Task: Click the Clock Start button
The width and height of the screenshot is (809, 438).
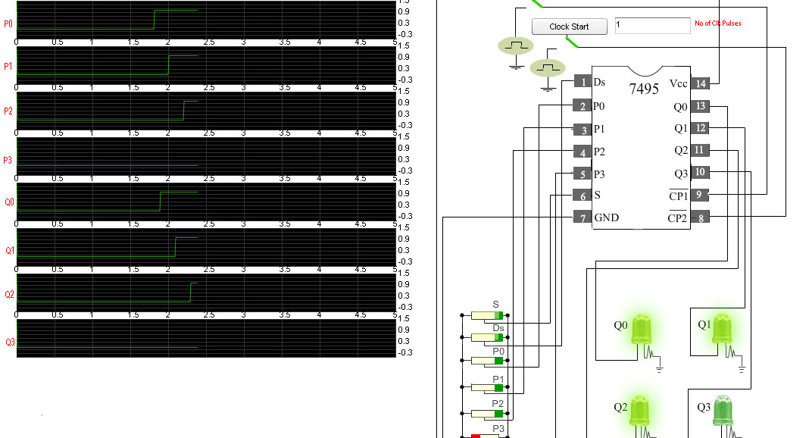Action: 569,27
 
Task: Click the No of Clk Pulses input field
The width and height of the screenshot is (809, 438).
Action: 651,26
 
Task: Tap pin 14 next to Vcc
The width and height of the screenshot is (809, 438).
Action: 701,83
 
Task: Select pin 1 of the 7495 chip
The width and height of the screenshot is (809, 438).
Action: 582,82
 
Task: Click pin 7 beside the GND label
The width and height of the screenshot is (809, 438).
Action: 582,218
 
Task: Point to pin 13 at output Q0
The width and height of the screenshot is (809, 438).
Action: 701,107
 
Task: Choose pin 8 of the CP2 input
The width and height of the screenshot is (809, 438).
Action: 701,218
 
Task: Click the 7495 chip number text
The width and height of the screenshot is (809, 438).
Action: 643,89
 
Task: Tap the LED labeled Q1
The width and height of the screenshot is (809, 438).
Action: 723,329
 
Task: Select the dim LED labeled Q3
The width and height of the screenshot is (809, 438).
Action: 723,411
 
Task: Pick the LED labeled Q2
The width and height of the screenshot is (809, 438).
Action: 640,411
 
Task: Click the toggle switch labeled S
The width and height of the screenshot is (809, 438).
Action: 486,315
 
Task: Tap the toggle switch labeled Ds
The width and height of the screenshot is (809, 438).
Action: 486,337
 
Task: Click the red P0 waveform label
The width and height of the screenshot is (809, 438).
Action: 8,24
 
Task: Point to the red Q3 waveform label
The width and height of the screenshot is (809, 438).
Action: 9,343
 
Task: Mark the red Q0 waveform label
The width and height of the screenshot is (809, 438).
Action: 9,203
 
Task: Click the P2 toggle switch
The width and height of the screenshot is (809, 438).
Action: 486,414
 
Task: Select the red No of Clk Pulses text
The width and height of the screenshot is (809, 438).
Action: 717,23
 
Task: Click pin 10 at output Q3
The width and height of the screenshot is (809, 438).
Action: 701,173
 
